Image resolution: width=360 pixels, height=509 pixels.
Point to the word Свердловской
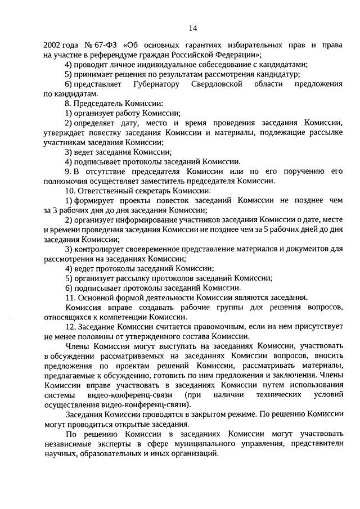coord(220,84)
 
